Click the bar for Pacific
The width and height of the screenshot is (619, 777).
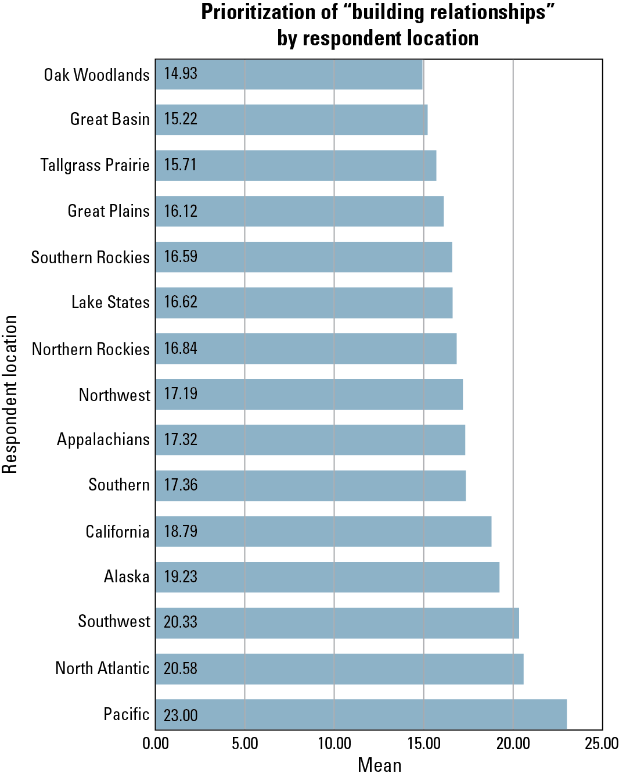(361, 714)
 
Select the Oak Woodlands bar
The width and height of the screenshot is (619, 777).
(289, 74)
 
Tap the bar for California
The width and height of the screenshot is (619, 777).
(323, 531)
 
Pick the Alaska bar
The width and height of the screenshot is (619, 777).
(328, 577)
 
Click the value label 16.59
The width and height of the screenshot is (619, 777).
(181, 257)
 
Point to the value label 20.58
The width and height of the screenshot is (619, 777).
(181, 668)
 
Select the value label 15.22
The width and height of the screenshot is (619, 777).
(181, 119)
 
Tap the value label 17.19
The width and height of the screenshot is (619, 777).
(181, 394)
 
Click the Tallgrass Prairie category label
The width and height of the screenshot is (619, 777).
(95, 165)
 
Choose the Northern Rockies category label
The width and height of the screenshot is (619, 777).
(91, 349)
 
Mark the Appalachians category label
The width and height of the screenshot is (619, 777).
(103, 440)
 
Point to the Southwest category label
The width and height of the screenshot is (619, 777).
(114, 621)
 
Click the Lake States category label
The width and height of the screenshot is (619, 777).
(111, 302)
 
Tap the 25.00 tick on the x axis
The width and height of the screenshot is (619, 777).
(602, 743)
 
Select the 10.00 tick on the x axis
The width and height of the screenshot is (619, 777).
(334, 743)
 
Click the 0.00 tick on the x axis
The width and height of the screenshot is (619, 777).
(156, 743)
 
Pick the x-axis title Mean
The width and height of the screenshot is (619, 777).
(379, 765)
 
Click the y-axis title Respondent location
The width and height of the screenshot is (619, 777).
(10, 394)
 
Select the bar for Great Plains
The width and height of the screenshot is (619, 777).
(300, 211)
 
